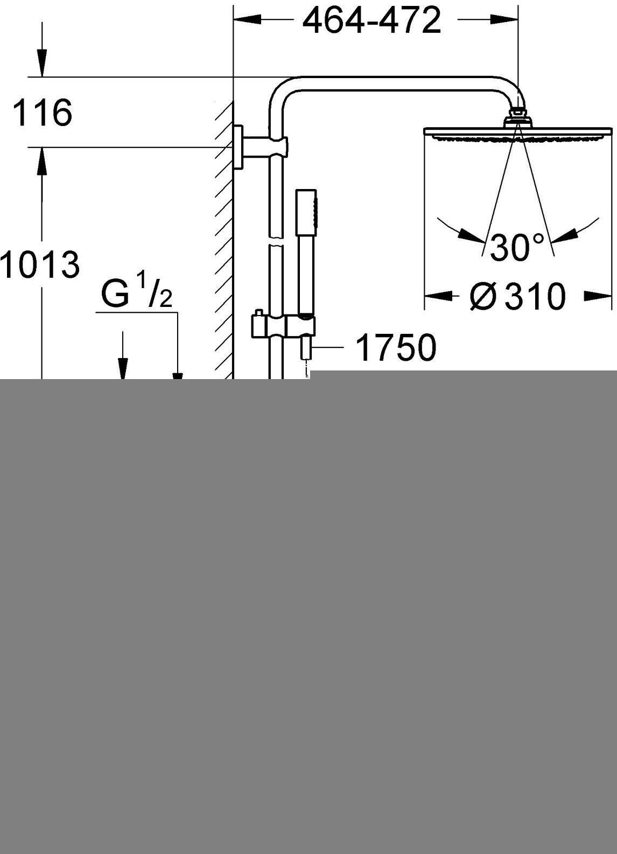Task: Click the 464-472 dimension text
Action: coord(371,21)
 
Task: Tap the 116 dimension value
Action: coord(43,113)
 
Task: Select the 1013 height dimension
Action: coord(40,264)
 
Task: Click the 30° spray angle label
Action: coord(517,247)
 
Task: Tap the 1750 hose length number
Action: coord(396,348)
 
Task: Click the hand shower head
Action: coord(306,212)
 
